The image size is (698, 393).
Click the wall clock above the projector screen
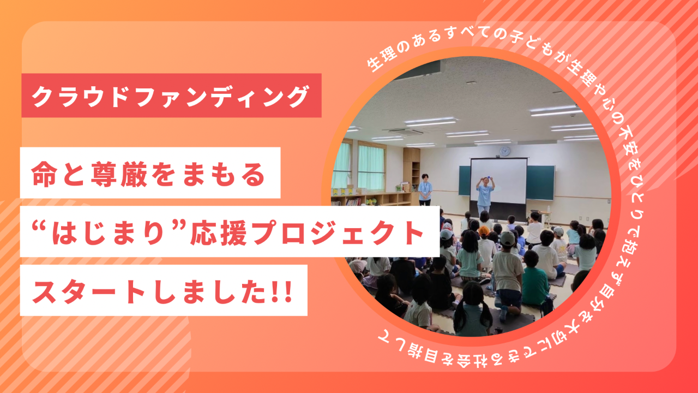click(x=505, y=151)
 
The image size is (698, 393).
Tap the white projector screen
click(x=498, y=181)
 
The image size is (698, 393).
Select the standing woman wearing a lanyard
click(x=425, y=189)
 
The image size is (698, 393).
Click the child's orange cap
click(x=484, y=231)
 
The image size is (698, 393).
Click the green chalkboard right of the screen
click(x=540, y=182)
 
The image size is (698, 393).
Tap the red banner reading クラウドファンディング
click(x=171, y=96)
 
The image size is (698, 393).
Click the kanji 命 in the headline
click(x=44, y=174)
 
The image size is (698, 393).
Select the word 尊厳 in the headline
click(x=119, y=174)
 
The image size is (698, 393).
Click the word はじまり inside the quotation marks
click(x=108, y=233)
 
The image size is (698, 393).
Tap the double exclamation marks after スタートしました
click(x=282, y=291)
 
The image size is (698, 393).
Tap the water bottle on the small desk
click(x=548, y=209)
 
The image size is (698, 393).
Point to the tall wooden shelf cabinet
click(x=411, y=175)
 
